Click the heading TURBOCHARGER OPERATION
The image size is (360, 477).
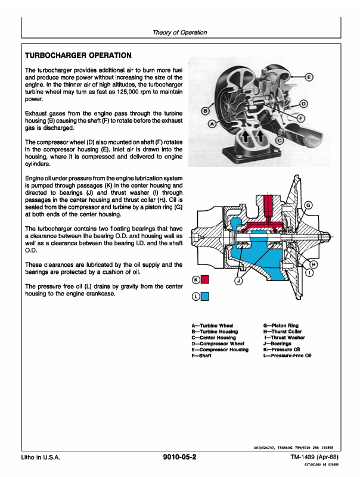(78, 55)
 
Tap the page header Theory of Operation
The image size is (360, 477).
(179, 33)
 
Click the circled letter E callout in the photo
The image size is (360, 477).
(309, 77)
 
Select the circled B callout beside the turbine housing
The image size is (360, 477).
(206, 111)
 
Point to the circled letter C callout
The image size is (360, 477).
(280, 140)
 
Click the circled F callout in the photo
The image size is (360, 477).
(300, 118)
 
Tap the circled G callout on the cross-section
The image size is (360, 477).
(308, 205)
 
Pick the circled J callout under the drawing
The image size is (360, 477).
(238, 281)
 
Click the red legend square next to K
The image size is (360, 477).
(205, 279)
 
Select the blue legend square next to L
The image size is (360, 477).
(205, 296)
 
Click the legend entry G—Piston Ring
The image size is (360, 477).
(281, 326)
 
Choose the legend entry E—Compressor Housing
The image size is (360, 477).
(220, 350)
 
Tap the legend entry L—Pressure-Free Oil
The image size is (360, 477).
(287, 356)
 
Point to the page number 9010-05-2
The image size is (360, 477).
(179, 457)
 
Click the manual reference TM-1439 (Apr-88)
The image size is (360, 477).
(314, 457)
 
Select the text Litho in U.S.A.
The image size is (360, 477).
(41, 457)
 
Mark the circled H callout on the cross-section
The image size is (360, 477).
(314, 264)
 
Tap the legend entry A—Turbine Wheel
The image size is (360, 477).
(212, 326)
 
